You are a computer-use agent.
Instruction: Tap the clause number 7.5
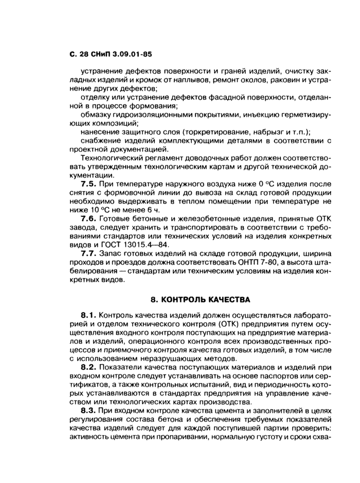tap(90, 183)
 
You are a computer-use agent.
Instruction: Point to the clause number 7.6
tap(90, 218)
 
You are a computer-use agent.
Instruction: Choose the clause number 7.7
tap(90, 253)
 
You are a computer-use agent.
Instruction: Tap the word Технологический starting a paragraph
tap(112, 157)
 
